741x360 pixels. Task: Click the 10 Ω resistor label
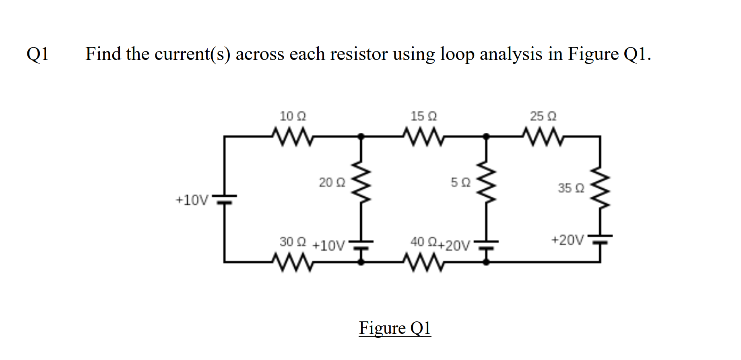[293, 116]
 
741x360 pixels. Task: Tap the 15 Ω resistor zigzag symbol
[423, 137]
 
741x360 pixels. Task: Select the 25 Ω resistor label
[543, 116]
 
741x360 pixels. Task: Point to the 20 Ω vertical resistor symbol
[361, 183]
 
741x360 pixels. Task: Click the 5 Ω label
[460, 183]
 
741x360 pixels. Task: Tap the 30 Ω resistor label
[293, 242]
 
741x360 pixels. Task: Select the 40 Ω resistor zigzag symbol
[423, 262]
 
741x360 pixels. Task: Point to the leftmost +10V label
[192, 200]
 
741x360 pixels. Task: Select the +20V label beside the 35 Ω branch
[568, 240]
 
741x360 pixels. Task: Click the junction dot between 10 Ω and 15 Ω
[361, 136]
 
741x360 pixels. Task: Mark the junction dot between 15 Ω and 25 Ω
[486, 136]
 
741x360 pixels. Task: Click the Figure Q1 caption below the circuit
[395, 328]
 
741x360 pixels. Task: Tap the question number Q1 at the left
[38, 54]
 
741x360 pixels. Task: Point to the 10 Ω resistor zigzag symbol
[293, 137]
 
